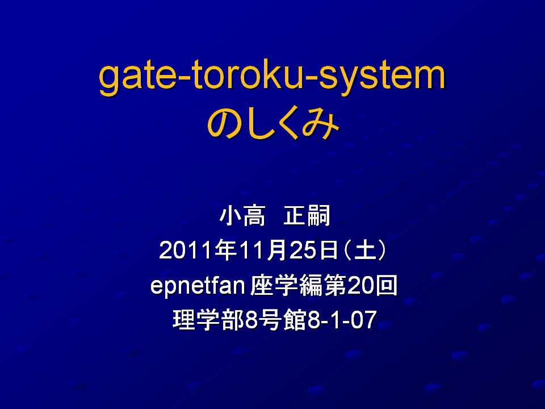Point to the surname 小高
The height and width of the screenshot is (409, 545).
[x=242, y=216]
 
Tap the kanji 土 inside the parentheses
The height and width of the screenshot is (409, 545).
[x=365, y=250]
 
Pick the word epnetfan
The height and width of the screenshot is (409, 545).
[x=198, y=286]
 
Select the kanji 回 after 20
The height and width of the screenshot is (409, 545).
[x=385, y=286]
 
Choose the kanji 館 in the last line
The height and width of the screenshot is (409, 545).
[x=295, y=320]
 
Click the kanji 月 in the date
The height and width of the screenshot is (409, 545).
[x=278, y=250]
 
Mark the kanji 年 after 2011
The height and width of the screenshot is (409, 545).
[x=226, y=250]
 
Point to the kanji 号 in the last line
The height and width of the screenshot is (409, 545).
[x=270, y=320]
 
